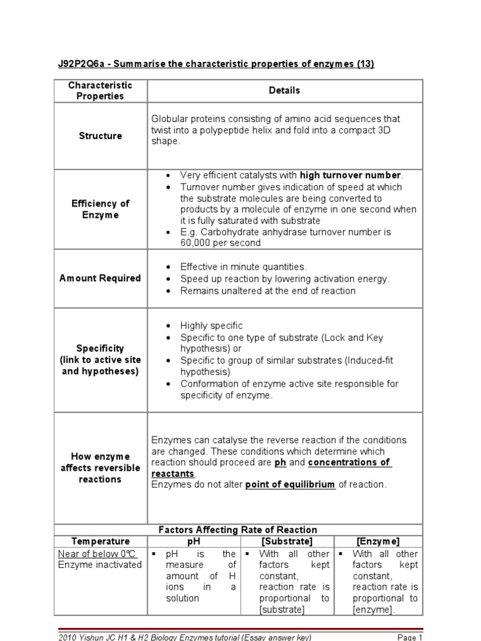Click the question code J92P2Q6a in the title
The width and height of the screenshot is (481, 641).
(80, 65)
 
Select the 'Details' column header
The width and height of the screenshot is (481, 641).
(284, 91)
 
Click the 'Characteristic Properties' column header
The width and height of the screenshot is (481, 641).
(100, 91)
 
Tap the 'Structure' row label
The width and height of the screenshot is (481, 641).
(100, 136)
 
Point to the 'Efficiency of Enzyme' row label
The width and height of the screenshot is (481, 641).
(100, 209)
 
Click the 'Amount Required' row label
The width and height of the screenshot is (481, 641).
(100, 279)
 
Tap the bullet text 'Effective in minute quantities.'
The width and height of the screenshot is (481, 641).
(244, 267)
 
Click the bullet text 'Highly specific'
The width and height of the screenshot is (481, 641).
(211, 326)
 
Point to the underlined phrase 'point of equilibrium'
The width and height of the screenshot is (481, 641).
(290, 485)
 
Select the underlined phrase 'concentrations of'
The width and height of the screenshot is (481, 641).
(348, 463)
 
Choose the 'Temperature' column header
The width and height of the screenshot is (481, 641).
(100, 541)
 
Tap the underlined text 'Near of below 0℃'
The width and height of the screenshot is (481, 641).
(97, 554)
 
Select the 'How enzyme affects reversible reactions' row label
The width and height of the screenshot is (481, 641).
(100, 468)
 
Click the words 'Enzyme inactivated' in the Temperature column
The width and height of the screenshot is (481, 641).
(100, 565)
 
